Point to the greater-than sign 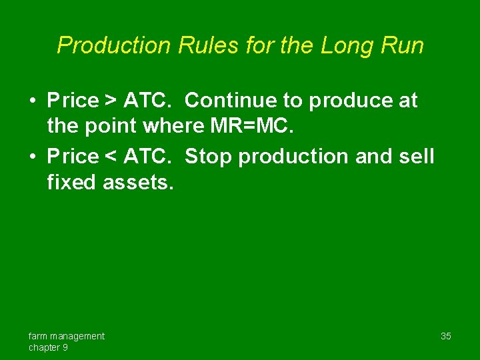(x=111, y=101)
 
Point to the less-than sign (x=111, y=157)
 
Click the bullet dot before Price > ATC (x=32, y=101)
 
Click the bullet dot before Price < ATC (x=32, y=157)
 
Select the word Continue (x=227, y=101)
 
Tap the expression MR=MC (x=255, y=126)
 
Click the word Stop (x=208, y=157)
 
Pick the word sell (x=417, y=157)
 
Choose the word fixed (x=72, y=182)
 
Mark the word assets (x=138, y=182)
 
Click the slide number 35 (x=445, y=336)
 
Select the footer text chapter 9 (x=47, y=347)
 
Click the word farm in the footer (x=37, y=336)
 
